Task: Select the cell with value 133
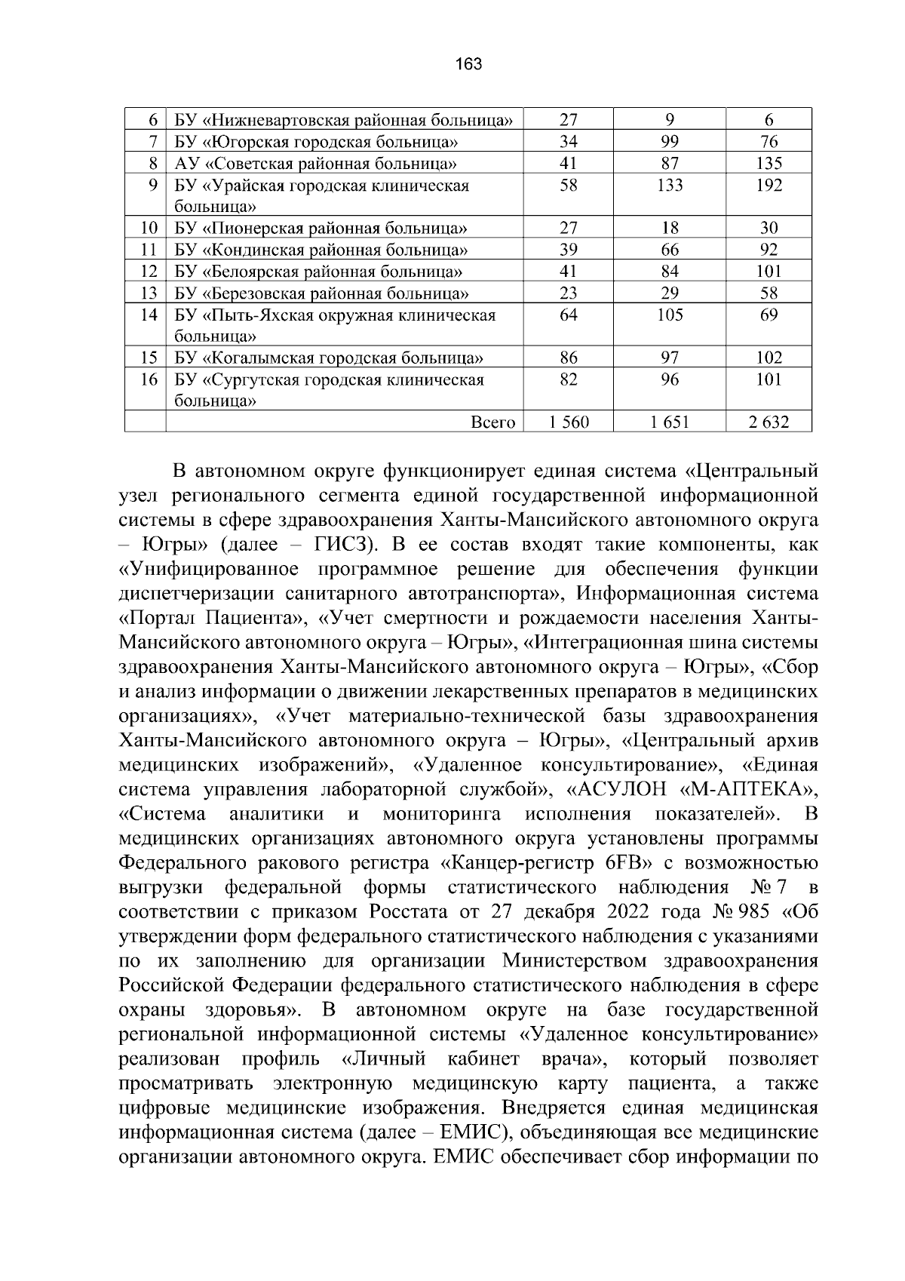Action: pyautogui.click(x=670, y=186)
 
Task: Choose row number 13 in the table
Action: pyautogui.click(x=149, y=293)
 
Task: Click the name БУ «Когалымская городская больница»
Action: pyautogui.click(x=329, y=358)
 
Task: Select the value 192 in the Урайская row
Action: pyautogui.click(x=768, y=186)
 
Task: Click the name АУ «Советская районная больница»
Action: pyautogui.click(x=314, y=164)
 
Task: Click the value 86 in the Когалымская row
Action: pyautogui.click(x=569, y=358)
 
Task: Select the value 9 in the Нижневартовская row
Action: pyautogui.click(x=670, y=120)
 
